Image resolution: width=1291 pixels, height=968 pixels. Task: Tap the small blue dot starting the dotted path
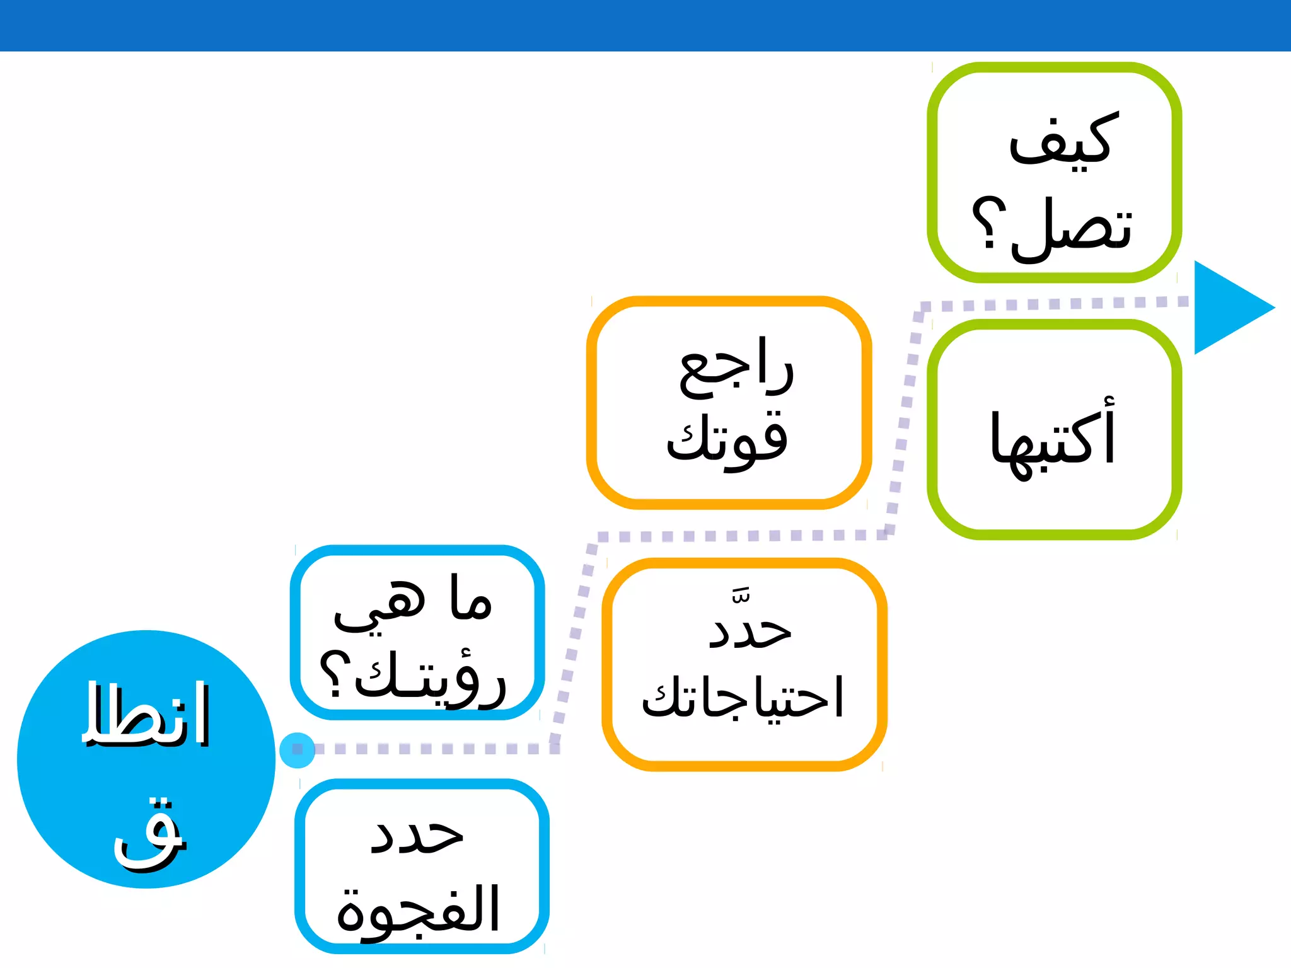click(x=297, y=750)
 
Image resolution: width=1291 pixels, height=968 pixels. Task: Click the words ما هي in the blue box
click(x=413, y=602)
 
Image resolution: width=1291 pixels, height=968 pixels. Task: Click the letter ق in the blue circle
click(x=150, y=835)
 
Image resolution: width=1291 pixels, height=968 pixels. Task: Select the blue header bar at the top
click(x=645, y=25)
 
